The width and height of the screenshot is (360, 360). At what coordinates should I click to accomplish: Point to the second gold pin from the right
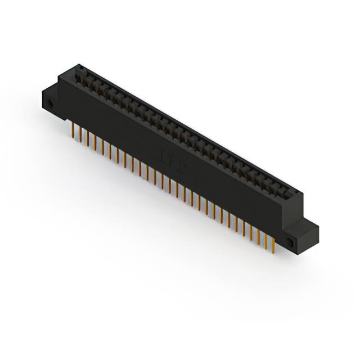click(x=266, y=240)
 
